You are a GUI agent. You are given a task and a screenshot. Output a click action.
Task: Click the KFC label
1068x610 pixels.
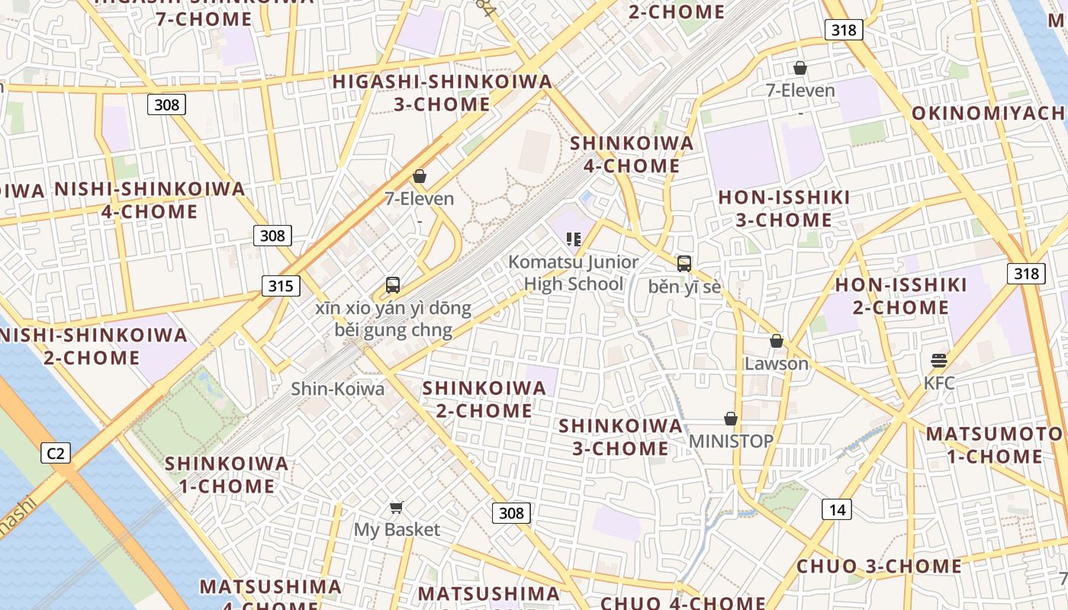pos(939,383)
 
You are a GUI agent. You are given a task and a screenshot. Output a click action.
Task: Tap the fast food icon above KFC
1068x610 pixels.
pos(939,360)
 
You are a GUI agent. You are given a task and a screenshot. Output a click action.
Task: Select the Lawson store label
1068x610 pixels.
pos(777,364)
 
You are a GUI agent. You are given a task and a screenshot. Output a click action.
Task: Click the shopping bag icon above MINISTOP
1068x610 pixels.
pos(731,419)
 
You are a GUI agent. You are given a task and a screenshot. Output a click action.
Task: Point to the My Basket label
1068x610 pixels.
pos(397,529)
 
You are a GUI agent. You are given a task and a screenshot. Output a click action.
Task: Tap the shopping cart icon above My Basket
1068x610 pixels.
pos(397,507)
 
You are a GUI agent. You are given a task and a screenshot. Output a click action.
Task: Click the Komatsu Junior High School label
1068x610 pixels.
pos(574,273)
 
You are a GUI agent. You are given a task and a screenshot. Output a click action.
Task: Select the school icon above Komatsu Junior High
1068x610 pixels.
pos(574,239)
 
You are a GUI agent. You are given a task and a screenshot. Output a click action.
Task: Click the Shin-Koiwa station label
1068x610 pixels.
pos(338,389)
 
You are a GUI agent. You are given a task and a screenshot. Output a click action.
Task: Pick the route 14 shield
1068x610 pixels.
pos(837,509)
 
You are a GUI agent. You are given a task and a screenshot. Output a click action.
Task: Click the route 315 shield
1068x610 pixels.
pos(281,287)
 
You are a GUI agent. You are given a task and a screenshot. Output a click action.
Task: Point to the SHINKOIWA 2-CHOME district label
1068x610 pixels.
pos(484,399)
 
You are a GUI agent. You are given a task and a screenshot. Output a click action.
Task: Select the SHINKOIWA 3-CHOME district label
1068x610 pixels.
pos(620,437)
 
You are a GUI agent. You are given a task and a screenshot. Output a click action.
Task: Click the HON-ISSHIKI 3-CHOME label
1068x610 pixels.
pos(784,209)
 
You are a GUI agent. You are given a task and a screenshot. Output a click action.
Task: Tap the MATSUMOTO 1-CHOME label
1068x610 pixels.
pos(994,445)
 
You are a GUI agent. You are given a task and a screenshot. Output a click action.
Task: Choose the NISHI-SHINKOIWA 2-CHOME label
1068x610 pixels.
pos(92,346)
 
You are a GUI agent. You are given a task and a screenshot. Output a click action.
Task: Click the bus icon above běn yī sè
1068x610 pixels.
pos(684,264)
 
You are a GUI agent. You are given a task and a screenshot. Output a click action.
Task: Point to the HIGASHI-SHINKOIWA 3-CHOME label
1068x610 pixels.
pos(442,92)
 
